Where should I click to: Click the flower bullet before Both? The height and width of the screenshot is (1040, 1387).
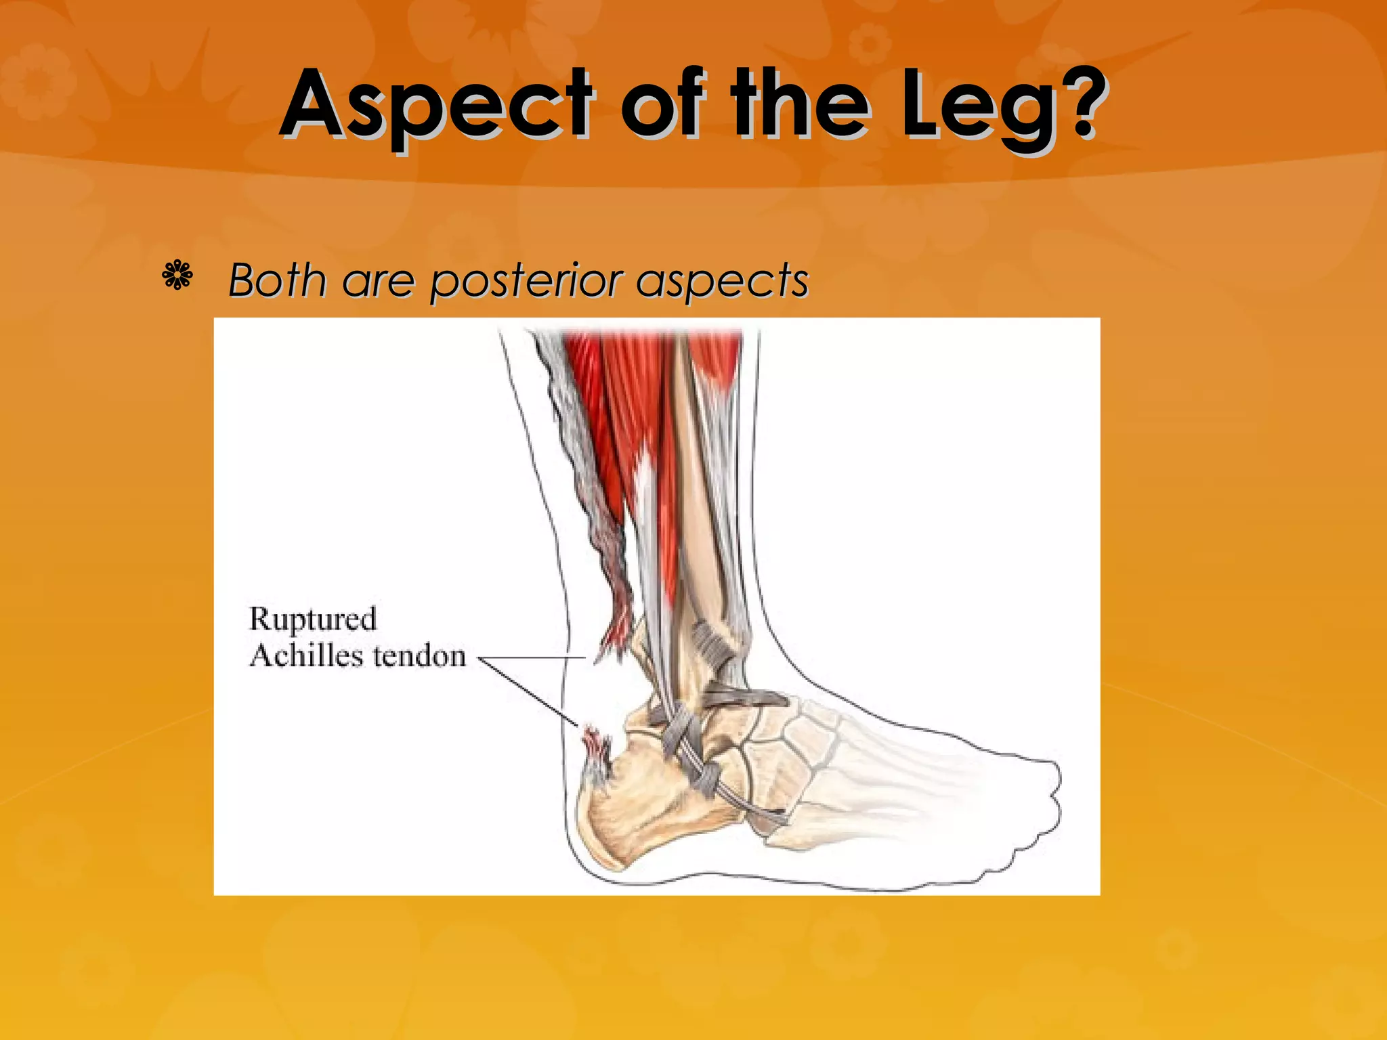point(177,276)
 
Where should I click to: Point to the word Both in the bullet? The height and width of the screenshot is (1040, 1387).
point(276,280)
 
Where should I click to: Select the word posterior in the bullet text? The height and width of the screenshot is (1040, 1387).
point(526,281)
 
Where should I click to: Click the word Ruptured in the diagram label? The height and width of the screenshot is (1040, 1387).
point(313,620)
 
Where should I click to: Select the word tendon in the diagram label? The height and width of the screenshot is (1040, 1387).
point(419,655)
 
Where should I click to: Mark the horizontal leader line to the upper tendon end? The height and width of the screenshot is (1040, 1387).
point(532,657)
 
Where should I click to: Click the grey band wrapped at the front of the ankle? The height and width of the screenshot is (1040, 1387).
point(711,643)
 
